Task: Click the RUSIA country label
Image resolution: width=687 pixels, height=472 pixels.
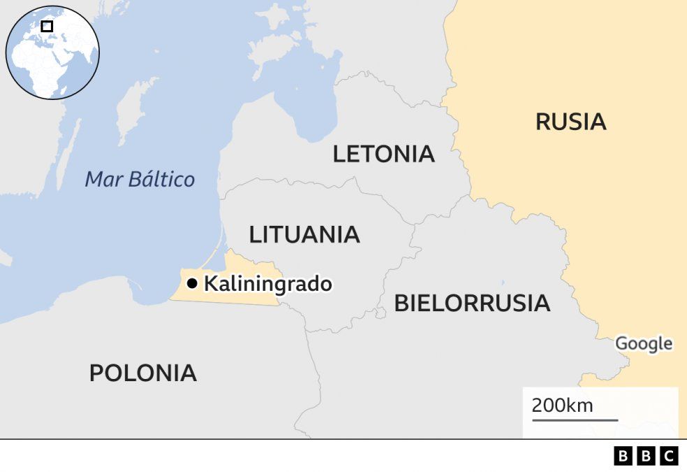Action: click(570, 122)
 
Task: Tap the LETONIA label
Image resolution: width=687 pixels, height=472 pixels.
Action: click(383, 154)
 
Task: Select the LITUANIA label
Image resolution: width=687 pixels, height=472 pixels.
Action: click(304, 235)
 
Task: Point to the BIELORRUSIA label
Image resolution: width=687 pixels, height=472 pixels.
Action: click(472, 303)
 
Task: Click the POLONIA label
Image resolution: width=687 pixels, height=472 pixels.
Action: click(142, 373)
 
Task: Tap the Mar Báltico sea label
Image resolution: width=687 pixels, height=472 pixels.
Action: click(140, 180)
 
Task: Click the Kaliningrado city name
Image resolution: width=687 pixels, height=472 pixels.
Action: click(267, 285)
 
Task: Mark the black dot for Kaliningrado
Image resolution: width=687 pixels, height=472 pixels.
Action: click(191, 283)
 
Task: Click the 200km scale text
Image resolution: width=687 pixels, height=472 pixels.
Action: click(562, 405)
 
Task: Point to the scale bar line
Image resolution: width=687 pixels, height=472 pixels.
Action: click(575, 420)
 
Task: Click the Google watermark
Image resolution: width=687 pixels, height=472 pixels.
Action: click(643, 344)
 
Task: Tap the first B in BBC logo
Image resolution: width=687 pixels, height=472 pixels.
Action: click(623, 457)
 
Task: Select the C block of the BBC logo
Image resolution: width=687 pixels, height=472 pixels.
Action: click(669, 457)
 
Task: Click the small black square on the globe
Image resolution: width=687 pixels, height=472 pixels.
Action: click(47, 27)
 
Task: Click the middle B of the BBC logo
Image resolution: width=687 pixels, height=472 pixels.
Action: click(646, 457)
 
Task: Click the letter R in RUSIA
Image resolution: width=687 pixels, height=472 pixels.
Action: click(543, 122)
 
